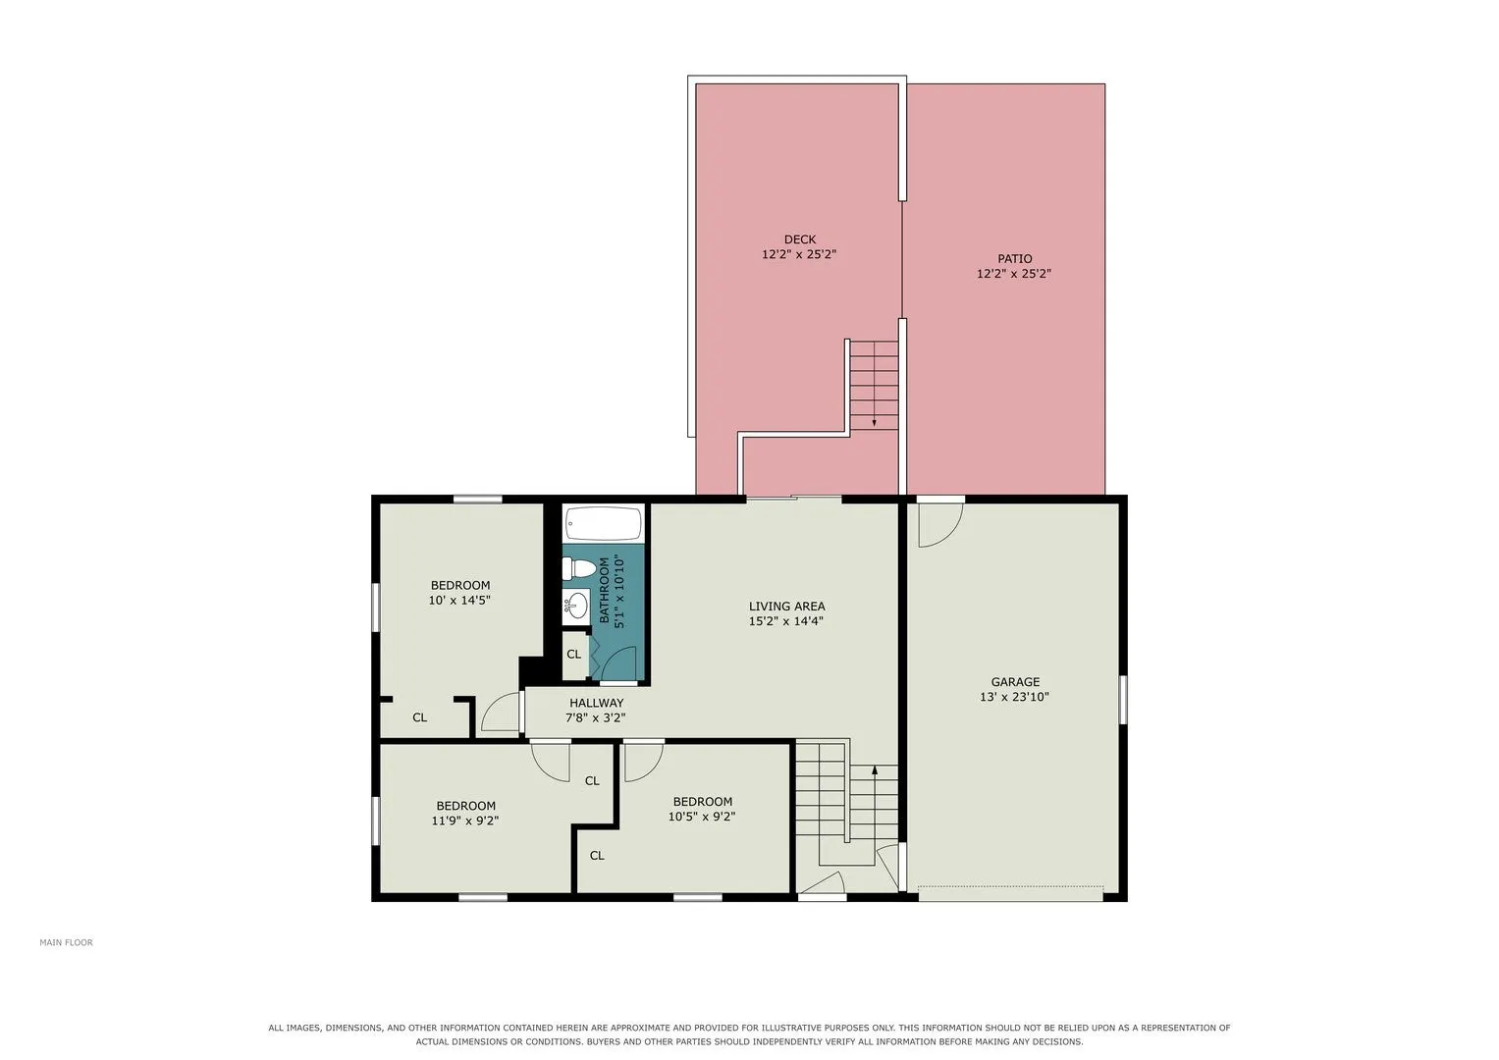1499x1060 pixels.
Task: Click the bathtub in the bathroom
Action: pos(603,522)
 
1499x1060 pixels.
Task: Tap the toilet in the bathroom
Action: pos(579,569)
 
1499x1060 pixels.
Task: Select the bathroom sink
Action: pos(575,607)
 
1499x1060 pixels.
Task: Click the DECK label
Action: pos(800,238)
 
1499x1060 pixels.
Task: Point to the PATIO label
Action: pos(1014,258)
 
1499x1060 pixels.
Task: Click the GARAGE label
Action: pos(1015,682)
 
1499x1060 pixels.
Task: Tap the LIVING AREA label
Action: pos(787,607)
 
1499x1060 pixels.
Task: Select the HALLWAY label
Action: pos(596,703)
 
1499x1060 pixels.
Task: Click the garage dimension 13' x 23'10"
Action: pos(1014,697)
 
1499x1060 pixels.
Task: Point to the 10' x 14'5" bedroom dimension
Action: pos(459,601)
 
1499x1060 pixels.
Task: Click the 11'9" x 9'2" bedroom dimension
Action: pos(465,821)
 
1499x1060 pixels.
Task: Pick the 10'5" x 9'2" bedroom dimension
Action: pos(702,817)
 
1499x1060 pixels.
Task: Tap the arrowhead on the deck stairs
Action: pos(874,423)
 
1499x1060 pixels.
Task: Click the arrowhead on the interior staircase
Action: pos(874,770)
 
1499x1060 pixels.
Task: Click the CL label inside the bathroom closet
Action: pos(573,654)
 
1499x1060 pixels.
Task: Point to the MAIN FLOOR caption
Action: pos(66,942)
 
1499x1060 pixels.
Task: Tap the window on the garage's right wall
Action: pos(1123,699)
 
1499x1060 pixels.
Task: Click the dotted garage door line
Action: pos(1010,887)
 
